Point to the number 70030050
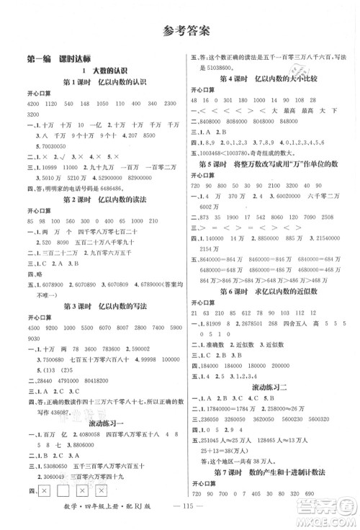(37, 145)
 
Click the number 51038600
(217, 66)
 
